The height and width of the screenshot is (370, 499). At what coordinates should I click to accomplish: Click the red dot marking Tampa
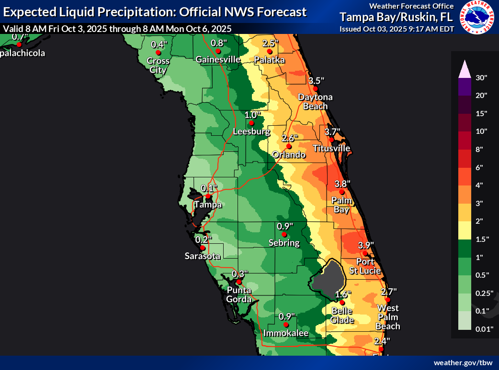208,196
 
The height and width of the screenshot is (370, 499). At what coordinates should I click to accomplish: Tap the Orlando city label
289,155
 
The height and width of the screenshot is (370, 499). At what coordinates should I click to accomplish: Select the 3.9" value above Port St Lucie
366,245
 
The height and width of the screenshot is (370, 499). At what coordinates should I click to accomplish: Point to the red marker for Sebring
284,235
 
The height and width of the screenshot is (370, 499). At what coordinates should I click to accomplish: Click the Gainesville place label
217,60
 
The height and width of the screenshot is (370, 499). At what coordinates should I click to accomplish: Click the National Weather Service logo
476,17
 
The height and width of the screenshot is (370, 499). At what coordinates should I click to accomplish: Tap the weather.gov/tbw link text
463,363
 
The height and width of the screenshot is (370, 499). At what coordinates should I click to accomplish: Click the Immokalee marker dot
286,325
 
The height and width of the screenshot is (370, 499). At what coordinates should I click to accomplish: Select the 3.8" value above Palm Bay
342,184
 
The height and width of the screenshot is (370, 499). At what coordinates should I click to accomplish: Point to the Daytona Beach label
315,101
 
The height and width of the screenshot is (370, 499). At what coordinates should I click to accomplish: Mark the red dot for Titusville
331,140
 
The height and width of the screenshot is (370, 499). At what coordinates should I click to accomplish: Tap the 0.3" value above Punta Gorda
240,274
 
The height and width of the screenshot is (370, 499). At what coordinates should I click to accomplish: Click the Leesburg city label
251,131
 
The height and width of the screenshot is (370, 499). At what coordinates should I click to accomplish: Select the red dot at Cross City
158,53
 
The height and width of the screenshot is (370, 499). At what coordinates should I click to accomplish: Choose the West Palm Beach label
388,317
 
